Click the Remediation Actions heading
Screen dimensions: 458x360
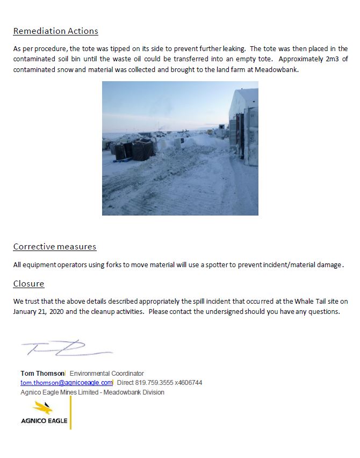(55, 31)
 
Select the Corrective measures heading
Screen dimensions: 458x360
(54, 247)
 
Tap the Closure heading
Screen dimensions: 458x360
(28, 283)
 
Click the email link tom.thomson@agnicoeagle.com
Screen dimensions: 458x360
(67, 383)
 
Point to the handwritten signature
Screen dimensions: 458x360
(64, 349)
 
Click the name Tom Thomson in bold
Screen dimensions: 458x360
(42, 373)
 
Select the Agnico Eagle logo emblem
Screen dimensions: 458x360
(42, 408)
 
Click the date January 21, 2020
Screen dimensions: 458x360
(41, 312)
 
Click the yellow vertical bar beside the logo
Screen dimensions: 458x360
(70, 412)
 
